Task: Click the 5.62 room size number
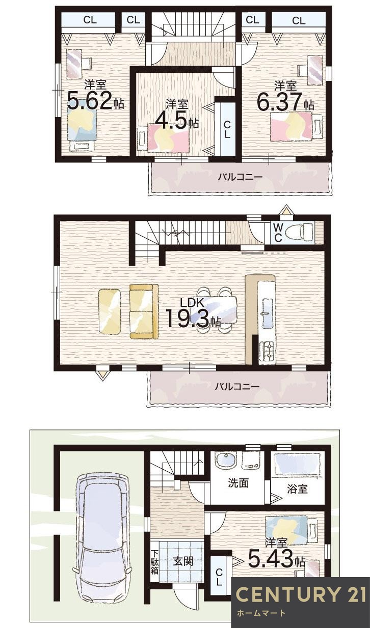pyautogui.click(x=89, y=101)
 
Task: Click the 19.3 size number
pyautogui.click(x=187, y=320)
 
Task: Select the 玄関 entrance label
pyautogui.click(x=182, y=561)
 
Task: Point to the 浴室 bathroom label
pyautogui.click(x=297, y=489)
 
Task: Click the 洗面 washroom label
pyautogui.click(x=237, y=482)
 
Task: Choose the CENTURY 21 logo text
pyautogui.click(x=301, y=594)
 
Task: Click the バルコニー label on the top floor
pyautogui.click(x=240, y=177)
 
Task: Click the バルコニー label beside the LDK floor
pyautogui.click(x=236, y=386)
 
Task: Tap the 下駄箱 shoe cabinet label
pyautogui.click(x=155, y=562)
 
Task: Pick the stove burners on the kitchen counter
pyautogui.click(x=267, y=351)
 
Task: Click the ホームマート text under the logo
pyautogui.click(x=261, y=613)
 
